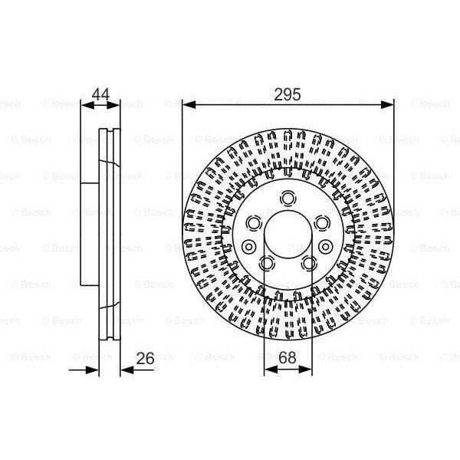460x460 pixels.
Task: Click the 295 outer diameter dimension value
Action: pyautogui.click(x=287, y=94)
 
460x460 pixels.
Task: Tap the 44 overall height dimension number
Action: pyautogui.click(x=100, y=94)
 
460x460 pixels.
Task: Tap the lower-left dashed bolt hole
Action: pyautogui.click(x=266, y=263)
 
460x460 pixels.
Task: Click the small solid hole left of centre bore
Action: pyautogui.click(x=249, y=246)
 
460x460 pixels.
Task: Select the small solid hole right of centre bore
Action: pyautogui.click(x=326, y=246)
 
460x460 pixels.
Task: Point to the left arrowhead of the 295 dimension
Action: pyautogui.click(x=187, y=103)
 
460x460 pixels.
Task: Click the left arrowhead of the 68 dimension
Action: pyautogui.click(x=268, y=369)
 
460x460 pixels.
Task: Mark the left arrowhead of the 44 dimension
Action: pyautogui.click(x=85, y=103)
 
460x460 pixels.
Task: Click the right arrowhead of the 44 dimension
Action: pyautogui.click(x=117, y=103)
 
